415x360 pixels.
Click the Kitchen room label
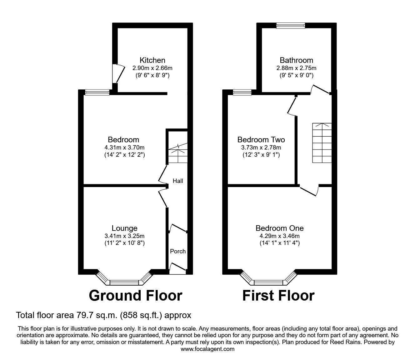pyautogui.click(x=152, y=60)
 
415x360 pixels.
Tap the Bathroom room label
pyautogui.click(x=296, y=60)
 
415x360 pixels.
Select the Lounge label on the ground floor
pyautogui.click(x=124, y=228)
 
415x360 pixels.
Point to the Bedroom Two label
pyautogui.click(x=261, y=139)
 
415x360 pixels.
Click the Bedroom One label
pyautogui.click(x=279, y=228)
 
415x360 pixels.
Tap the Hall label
pyautogui.click(x=178, y=181)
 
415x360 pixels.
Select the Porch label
pyautogui.click(x=178, y=251)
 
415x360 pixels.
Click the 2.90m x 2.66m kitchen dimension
pyautogui.click(x=152, y=68)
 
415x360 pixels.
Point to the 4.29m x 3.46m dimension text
pyautogui.click(x=279, y=236)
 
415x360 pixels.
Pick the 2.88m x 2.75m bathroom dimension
pyautogui.click(x=296, y=68)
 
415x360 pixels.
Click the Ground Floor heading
pyautogui.click(x=136, y=296)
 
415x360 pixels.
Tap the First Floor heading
pyautogui.click(x=278, y=296)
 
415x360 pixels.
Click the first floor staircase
pyautogui.click(x=322, y=143)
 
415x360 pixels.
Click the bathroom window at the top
pyautogui.click(x=291, y=25)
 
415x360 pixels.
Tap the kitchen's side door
pyautogui.click(x=118, y=74)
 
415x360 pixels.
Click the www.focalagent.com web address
pyautogui.click(x=207, y=349)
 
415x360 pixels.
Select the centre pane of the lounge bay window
pyautogui.click(x=124, y=283)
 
